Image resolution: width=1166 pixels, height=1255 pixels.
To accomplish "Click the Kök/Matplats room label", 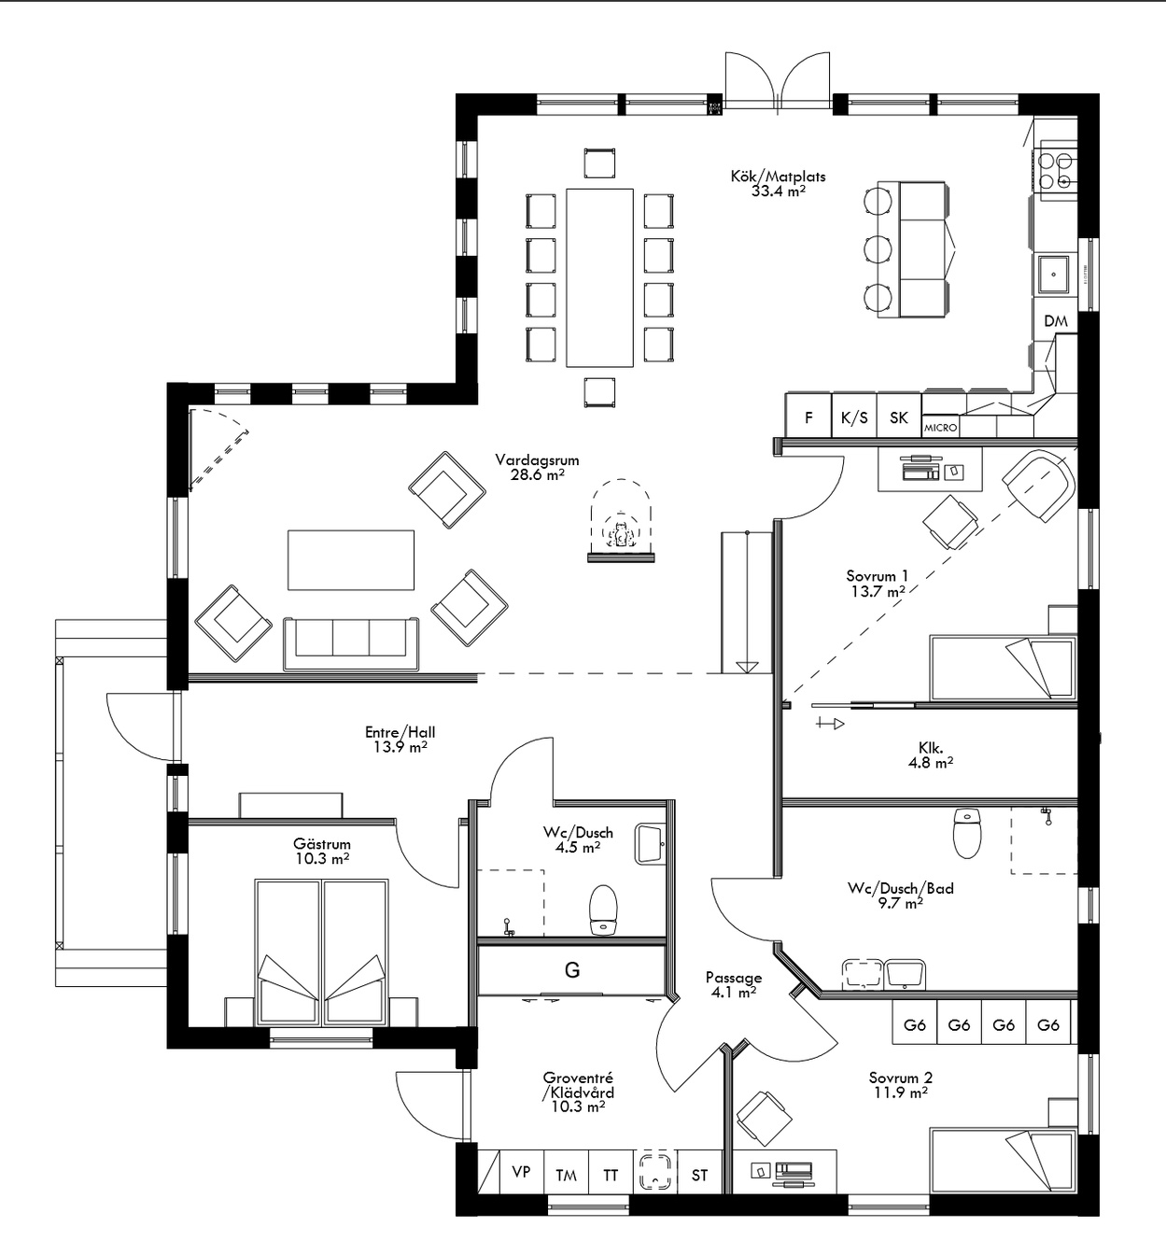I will pos(778,183).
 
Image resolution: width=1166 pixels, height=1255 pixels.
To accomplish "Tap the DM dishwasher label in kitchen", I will pos(1056,321).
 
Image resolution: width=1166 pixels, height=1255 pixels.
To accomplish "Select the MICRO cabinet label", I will pos(940,427).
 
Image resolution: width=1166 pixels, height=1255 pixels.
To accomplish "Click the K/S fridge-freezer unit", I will pos(853,417).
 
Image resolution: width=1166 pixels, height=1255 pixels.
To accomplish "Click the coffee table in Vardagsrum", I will pos(351,560).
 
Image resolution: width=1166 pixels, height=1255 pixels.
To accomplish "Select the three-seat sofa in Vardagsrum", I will pos(351,642).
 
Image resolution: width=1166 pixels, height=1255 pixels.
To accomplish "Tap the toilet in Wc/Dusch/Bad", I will pos(968,832).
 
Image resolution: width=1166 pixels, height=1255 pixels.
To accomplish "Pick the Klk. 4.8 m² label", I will pos(930,754).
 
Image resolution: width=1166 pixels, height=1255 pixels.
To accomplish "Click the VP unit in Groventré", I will pos(521,1171).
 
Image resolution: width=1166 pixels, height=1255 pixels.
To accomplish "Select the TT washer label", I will pos(611,1175).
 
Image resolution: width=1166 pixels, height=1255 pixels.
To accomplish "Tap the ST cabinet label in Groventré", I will pos(699,1175).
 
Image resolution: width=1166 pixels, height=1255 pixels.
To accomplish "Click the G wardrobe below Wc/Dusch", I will pos(572,970).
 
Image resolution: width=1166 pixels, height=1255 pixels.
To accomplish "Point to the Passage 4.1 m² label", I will pos(733,985).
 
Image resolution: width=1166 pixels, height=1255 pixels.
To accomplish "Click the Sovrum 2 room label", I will pos(900,1084).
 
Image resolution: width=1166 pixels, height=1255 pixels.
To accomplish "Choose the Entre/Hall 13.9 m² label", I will pos(400,740).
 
